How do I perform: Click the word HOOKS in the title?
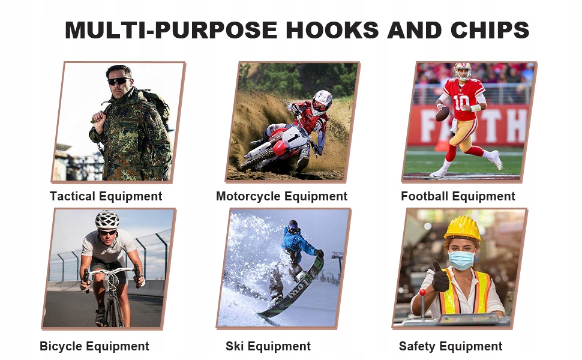pyautogui.click(x=332, y=29)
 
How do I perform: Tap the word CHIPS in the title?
pyautogui.click(x=490, y=29)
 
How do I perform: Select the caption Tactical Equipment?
pyautogui.click(x=106, y=196)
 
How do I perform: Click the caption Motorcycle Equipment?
pyautogui.click(x=282, y=196)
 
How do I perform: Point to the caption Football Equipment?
pyautogui.click(x=458, y=196)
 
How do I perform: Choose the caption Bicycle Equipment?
pyautogui.click(x=94, y=346)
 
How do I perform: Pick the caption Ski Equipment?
pyautogui.click(x=268, y=346)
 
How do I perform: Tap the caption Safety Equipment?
pyautogui.click(x=450, y=346)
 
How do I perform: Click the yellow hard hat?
pyautogui.click(x=463, y=228)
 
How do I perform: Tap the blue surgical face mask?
pyautogui.click(x=462, y=260)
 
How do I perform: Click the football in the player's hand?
pyautogui.click(x=442, y=113)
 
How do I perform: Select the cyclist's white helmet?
pyautogui.click(x=107, y=220)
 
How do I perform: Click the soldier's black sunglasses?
pyautogui.click(x=119, y=80)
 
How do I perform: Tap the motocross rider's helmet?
pyautogui.click(x=322, y=102)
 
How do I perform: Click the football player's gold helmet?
pyautogui.click(x=463, y=71)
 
